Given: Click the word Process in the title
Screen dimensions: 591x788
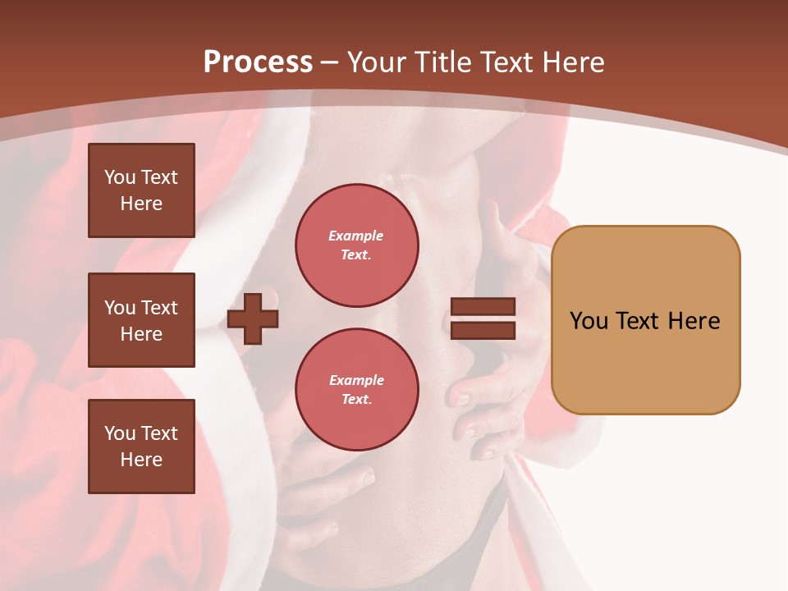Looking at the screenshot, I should tap(258, 62).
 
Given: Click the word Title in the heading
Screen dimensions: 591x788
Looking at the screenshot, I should tap(442, 62).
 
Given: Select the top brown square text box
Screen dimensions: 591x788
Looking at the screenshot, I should tap(141, 190).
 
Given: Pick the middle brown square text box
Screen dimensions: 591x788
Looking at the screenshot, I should tap(141, 320).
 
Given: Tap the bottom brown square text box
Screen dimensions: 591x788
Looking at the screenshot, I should tap(141, 447).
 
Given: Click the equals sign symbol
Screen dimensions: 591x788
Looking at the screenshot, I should tap(483, 318).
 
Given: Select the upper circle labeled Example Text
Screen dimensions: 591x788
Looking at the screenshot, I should tap(356, 245).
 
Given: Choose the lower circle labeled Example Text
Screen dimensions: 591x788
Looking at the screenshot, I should tap(356, 389).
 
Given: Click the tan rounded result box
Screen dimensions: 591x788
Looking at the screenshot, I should tap(645, 320).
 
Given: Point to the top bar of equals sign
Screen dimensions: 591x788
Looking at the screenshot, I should tap(483, 307).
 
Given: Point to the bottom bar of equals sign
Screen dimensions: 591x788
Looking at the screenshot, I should tap(483, 330).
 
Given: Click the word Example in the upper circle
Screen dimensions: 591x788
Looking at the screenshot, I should tap(356, 236).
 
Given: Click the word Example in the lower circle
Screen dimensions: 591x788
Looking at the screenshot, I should tap(356, 380).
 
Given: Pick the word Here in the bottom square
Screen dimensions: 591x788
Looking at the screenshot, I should tap(141, 460).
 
